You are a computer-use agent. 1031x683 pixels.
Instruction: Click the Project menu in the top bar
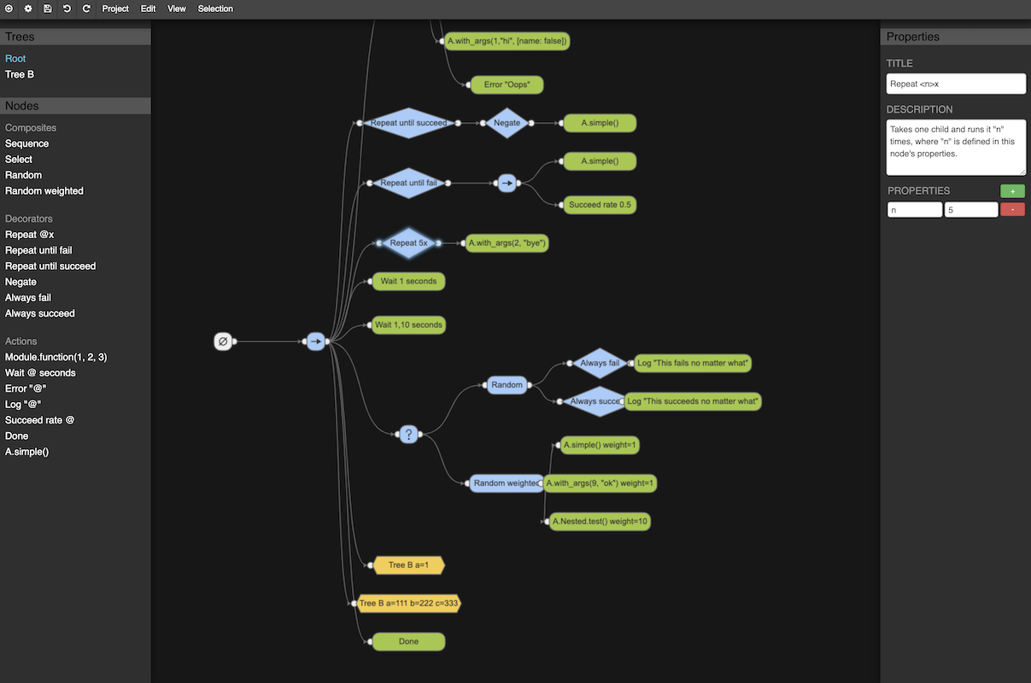point(115,9)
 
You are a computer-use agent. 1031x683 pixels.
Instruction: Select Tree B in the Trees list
point(20,74)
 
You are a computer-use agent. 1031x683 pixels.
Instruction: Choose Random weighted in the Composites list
point(44,190)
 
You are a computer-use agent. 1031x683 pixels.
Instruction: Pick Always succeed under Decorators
point(40,313)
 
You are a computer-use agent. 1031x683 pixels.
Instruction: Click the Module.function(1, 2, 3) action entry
point(56,357)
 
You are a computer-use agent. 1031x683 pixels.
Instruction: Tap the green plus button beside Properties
point(1012,191)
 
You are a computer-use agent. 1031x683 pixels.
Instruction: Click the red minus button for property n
point(1012,209)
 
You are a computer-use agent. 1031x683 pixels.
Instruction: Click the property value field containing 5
point(970,209)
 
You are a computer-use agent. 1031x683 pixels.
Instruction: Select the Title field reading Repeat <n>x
point(956,84)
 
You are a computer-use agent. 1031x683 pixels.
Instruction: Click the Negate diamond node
point(507,123)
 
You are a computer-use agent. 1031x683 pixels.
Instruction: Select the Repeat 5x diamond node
point(409,243)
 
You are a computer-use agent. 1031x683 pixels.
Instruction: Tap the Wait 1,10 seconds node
point(409,325)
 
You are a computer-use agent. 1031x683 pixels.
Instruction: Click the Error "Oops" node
point(507,85)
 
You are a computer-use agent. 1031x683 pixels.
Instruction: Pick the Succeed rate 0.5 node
point(600,205)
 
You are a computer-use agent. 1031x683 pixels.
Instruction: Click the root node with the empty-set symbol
point(223,341)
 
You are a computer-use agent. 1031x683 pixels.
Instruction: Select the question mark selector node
point(409,435)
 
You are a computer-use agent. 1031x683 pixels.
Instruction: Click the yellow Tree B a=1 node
point(409,565)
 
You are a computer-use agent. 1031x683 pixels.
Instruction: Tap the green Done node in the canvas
point(408,641)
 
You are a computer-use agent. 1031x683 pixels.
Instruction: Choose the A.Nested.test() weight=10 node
point(600,521)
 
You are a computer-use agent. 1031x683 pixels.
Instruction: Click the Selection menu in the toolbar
point(215,9)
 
